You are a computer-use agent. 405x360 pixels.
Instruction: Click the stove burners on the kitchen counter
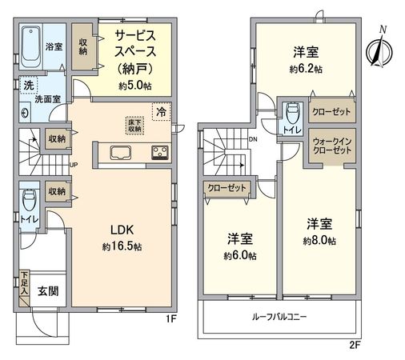pyautogui.click(x=158, y=153)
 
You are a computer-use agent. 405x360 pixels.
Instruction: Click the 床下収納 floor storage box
pyautogui.click(x=134, y=124)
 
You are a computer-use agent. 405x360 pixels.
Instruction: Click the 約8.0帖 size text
pyautogui.click(x=319, y=240)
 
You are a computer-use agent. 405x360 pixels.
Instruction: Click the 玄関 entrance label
pyautogui.click(x=47, y=291)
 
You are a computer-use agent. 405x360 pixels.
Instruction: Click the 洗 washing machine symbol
pyautogui.click(x=27, y=85)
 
